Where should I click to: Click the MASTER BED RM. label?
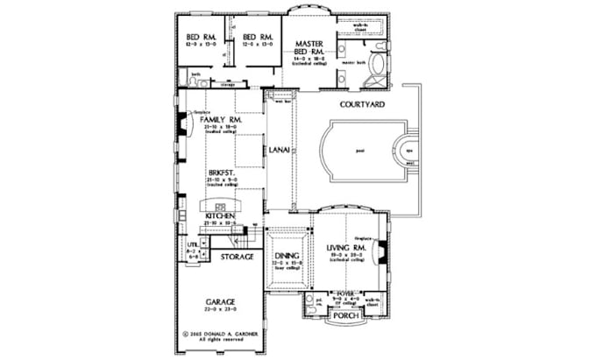coord(311,46)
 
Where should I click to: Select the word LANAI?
coord(280,150)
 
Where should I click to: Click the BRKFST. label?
coord(219,173)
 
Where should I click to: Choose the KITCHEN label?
coord(219,215)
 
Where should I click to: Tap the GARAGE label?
coord(219,302)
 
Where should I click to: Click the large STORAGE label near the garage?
coord(237,257)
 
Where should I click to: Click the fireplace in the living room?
coord(381,252)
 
